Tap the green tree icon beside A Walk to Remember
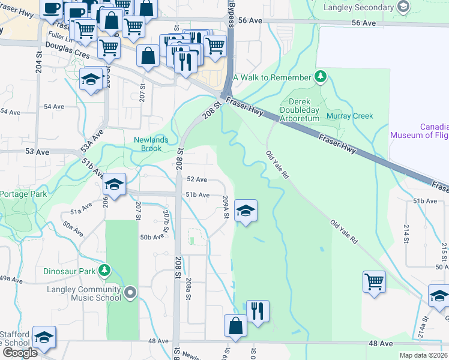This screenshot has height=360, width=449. coord(321,77)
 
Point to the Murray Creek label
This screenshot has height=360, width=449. coord(350,116)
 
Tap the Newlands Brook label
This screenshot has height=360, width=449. coord(151,144)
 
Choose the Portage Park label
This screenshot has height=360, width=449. coord(23,194)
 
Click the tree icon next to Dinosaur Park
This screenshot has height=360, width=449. coord(105,271)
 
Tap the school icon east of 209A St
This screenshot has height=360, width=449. coord(246,211)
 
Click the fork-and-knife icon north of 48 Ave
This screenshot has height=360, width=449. coord(258,311)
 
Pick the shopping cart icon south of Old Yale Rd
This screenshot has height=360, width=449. coord(374,281)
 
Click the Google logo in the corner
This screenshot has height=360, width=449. coord(19,353)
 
